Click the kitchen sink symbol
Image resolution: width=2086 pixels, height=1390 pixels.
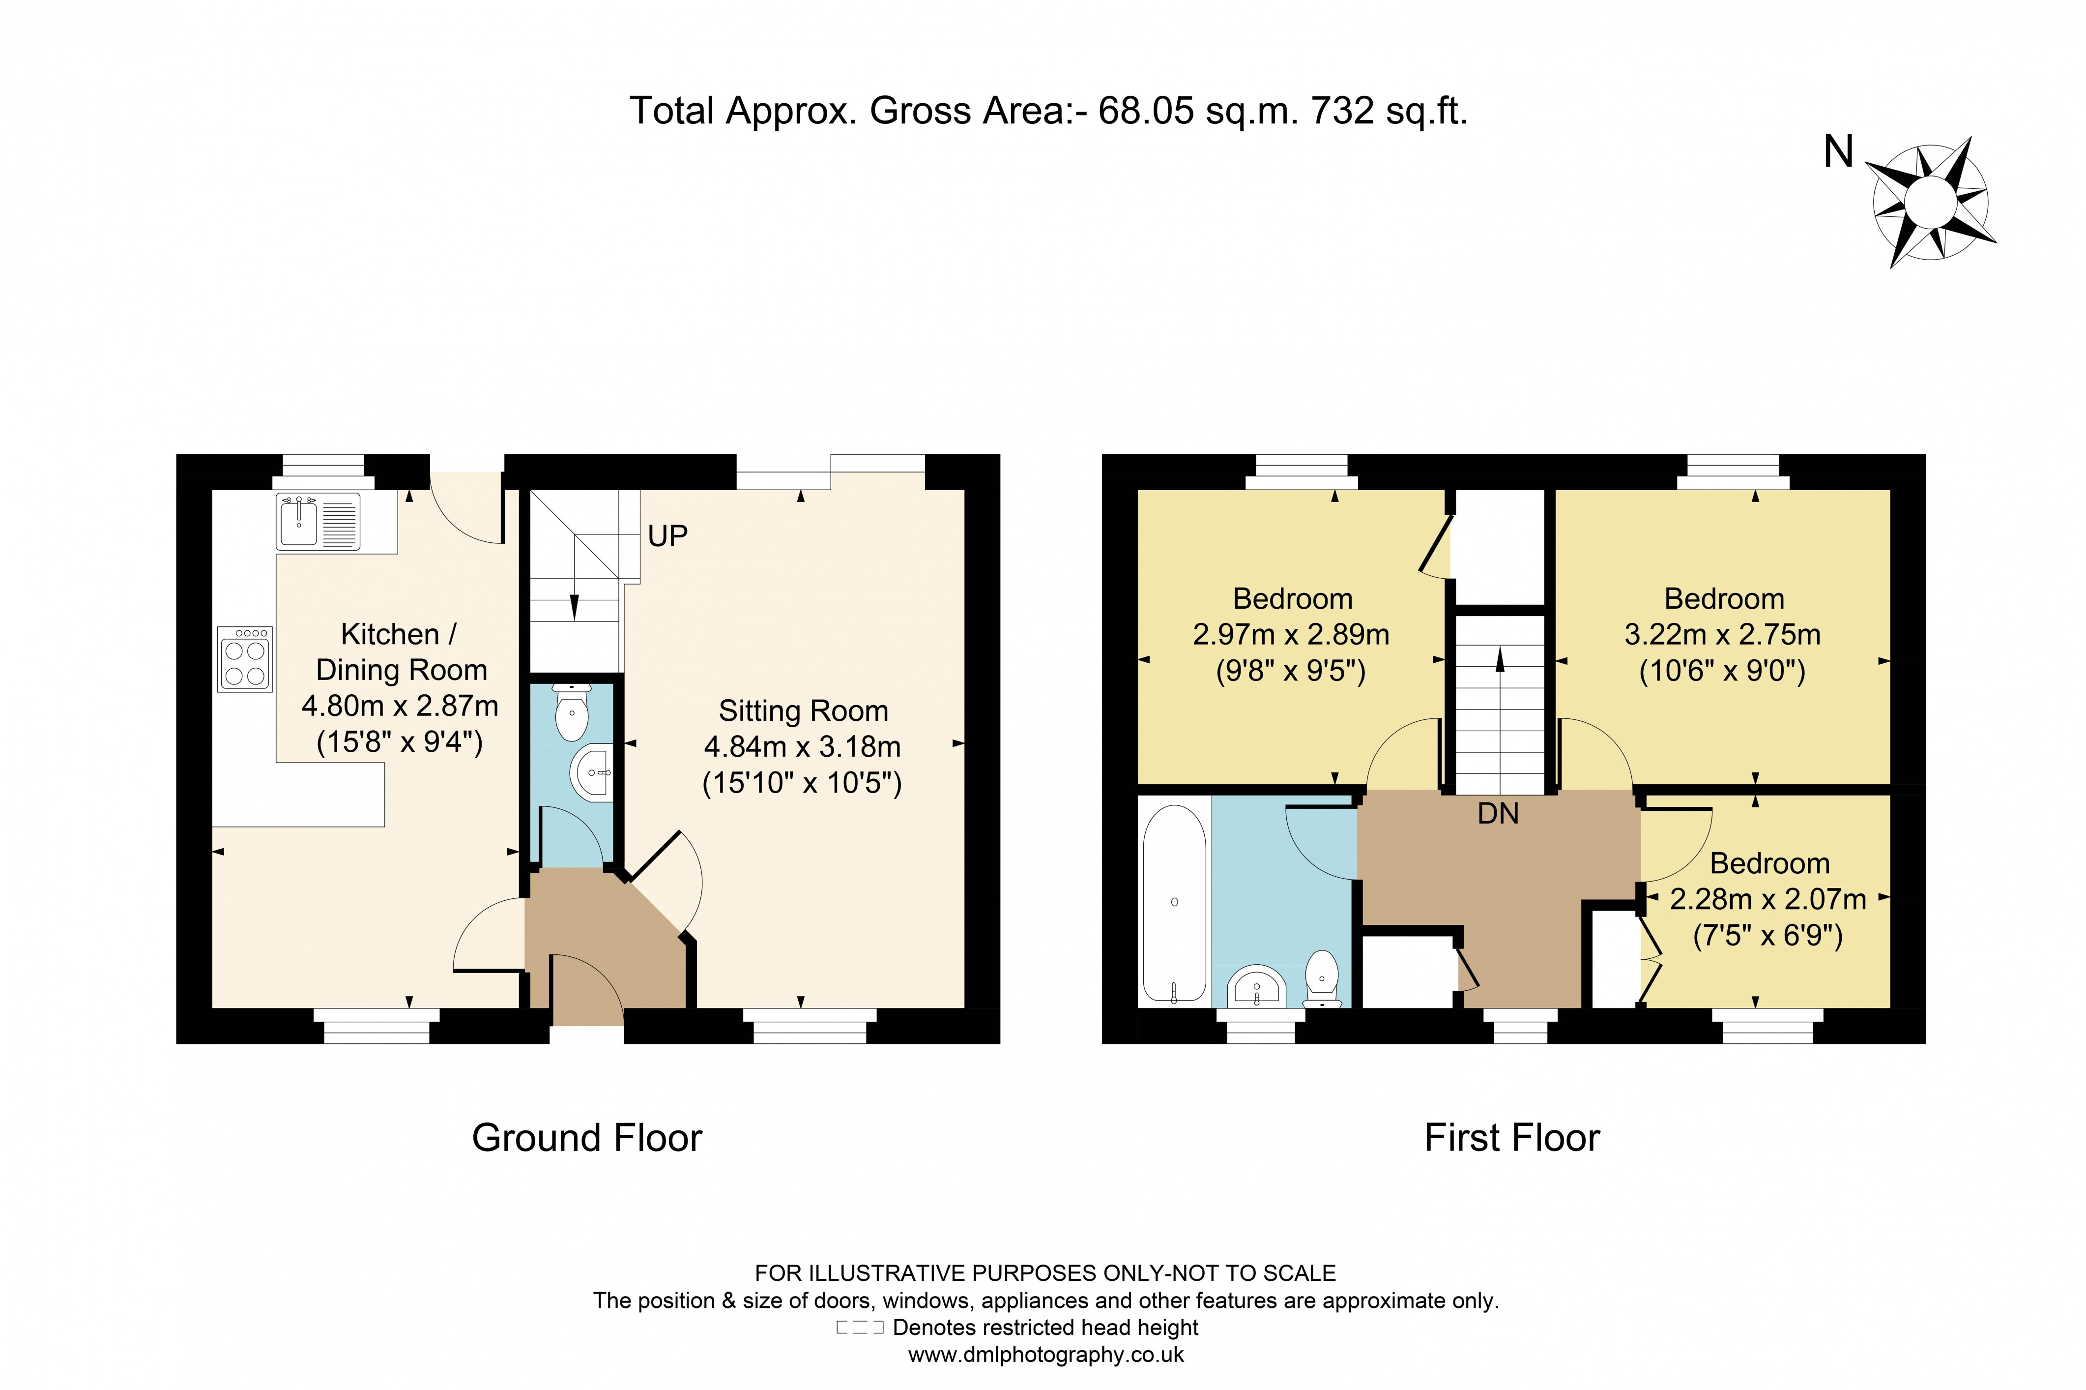point(317,521)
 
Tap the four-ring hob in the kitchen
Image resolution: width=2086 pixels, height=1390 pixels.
point(245,659)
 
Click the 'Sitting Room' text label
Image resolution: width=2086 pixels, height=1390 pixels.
point(803,711)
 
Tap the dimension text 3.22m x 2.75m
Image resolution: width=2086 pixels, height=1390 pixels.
point(1722,635)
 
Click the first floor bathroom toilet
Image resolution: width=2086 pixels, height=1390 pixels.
point(1321,978)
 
